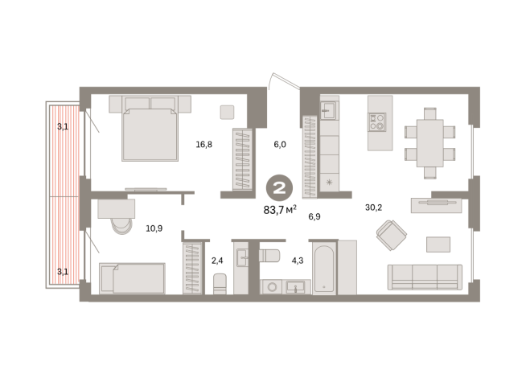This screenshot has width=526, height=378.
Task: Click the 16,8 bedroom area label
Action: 204,145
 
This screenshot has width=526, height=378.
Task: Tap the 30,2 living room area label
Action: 373,207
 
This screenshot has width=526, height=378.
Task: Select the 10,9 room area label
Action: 154,228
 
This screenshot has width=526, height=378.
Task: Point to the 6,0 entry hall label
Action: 280,145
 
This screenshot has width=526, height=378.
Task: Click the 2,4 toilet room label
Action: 217,261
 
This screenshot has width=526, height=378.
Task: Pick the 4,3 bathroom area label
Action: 298,261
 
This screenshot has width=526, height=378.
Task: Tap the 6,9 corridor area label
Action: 314,216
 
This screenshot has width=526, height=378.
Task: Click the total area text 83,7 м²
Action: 280,210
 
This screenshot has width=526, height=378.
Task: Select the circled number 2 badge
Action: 279,188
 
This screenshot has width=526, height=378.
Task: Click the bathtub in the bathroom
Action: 324,269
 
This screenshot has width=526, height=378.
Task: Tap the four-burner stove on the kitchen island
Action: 377,121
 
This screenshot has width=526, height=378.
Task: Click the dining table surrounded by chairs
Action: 429,143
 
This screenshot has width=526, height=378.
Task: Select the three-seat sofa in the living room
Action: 425,277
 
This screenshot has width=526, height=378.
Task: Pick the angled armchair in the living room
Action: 391,235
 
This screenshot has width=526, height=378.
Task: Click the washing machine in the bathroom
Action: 272,287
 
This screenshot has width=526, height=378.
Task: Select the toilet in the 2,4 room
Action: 220,284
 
